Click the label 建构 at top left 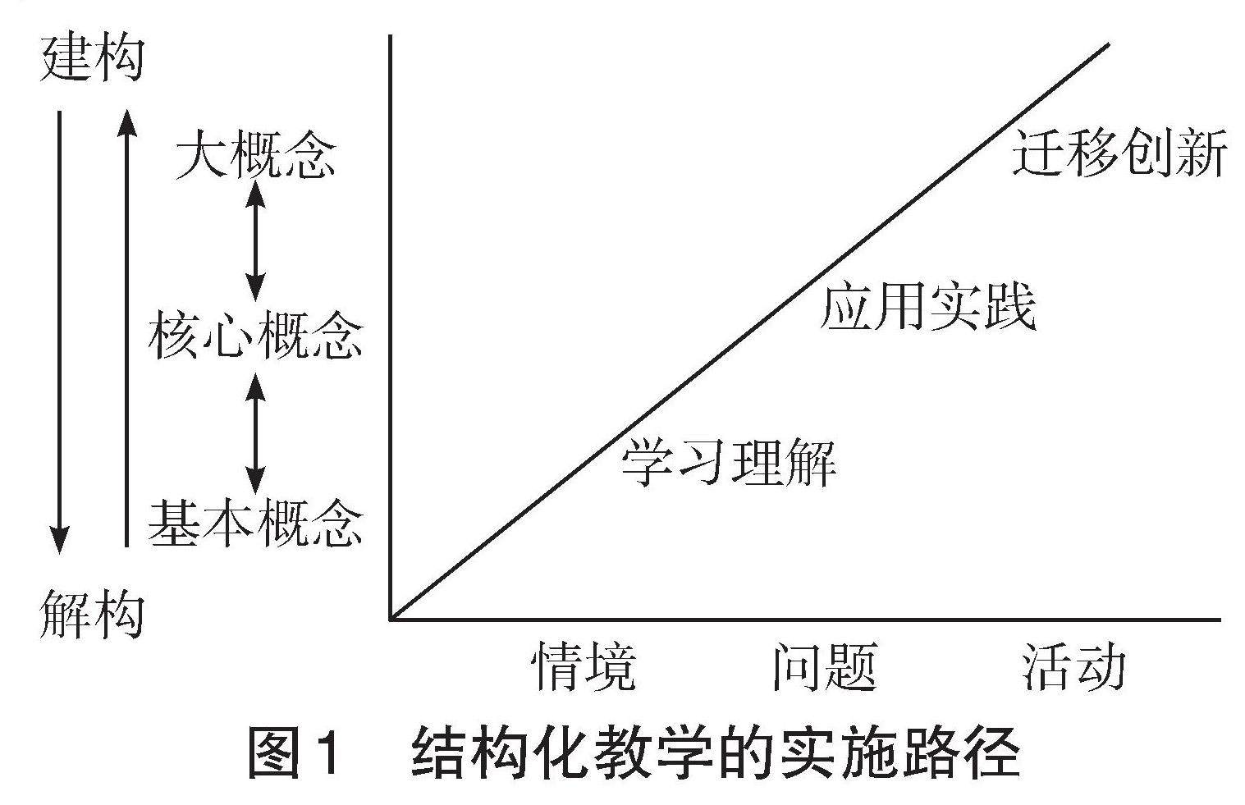[x=92, y=58]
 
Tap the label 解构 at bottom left [x=92, y=614]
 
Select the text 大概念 [x=256, y=153]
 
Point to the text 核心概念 [x=256, y=335]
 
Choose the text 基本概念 [x=256, y=523]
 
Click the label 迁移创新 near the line [x=1119, y=152]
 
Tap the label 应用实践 [x=928, y=307]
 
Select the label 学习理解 [x=729, y=461]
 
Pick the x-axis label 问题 [x=825, y=666]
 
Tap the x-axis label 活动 [x=1073, y=666]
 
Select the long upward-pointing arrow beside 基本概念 [x=126, y=328]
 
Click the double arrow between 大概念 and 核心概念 [x=256, y=240]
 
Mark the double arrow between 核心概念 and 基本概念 [x=256, y=432]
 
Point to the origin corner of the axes [x=391, y=618]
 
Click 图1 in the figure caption [x=293, y=753]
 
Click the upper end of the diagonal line [x=1107, y=45]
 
